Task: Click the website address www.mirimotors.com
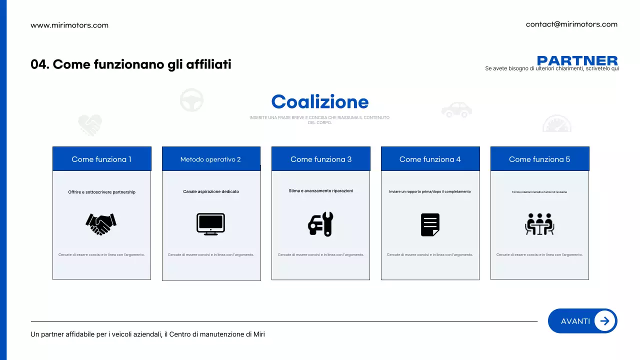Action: [69, 25]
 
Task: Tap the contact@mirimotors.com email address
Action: [571, 24]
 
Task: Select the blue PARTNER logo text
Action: [577, 61]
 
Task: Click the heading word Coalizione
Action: [320, 102]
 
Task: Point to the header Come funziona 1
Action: [101, 159]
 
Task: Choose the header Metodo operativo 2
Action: [210, 159]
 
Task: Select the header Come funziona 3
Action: [321, 159]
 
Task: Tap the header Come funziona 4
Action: [430, 159]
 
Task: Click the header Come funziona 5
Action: [539, 159]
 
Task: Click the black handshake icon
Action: [101, 224]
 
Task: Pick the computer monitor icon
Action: [210, 224]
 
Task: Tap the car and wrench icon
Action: [320, 224]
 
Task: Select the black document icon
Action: [430, 224]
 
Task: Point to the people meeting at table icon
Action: [539, 224]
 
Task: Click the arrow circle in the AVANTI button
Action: [604, 321]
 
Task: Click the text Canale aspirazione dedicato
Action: [210, 191]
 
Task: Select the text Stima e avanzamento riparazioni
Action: [320, 190]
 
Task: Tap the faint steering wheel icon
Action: [191, 99]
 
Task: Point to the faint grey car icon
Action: [456, 110]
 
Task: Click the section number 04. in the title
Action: [40, 64]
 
